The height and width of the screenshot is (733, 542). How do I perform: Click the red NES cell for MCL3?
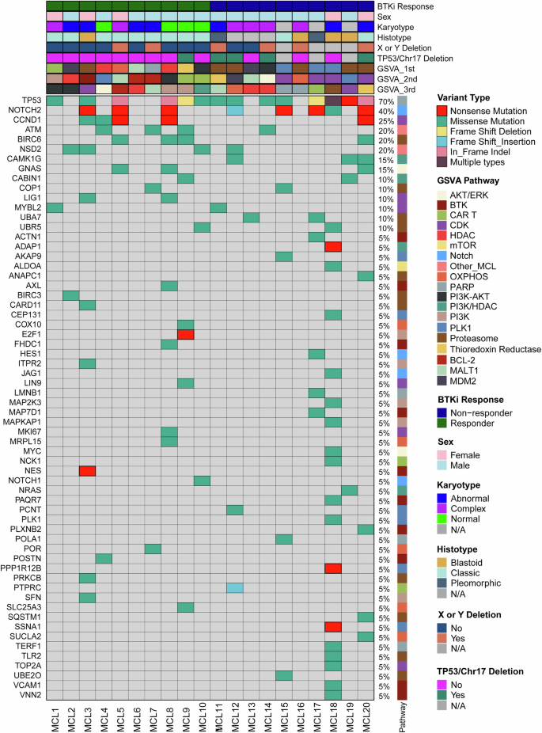(87, 470)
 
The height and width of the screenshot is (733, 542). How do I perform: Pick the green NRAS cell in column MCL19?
(349, 490)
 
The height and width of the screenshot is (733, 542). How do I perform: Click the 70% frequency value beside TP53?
(387, 101)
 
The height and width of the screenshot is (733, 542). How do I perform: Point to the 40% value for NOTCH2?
(387, 111)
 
